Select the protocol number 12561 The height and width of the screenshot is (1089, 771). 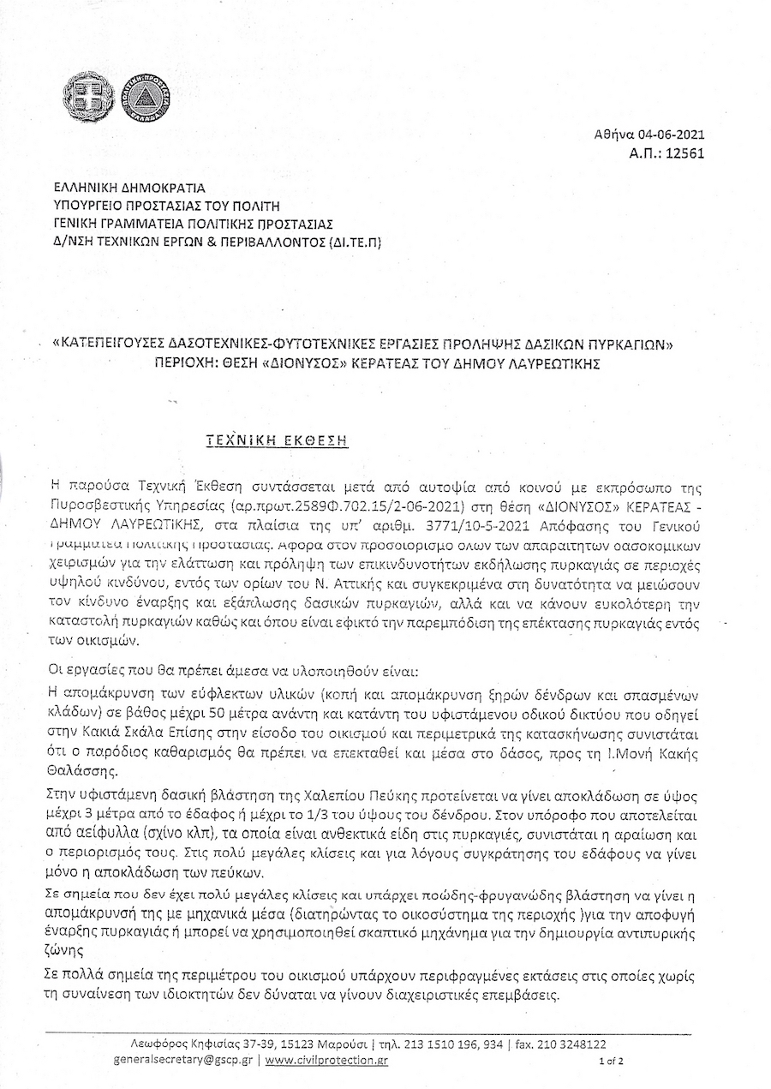tap(685, 153)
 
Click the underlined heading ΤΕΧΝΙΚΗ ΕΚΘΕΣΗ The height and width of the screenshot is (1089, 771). tap(278, 440)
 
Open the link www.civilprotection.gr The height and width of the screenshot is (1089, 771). tap(326, 1060)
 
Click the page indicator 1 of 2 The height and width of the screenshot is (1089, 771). tap(612, 1061)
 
